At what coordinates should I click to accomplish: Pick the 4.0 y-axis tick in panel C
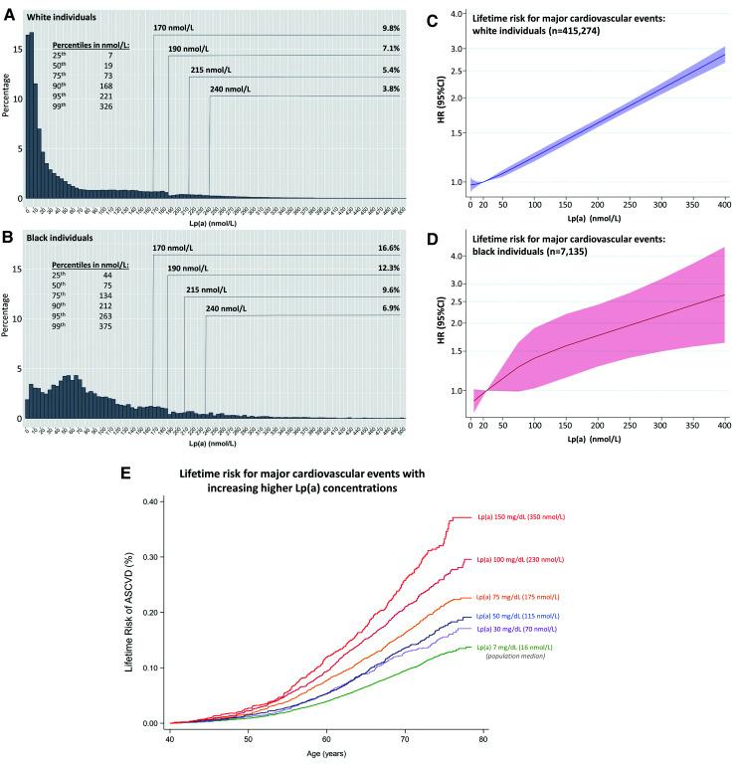click(x=458, y=14)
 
